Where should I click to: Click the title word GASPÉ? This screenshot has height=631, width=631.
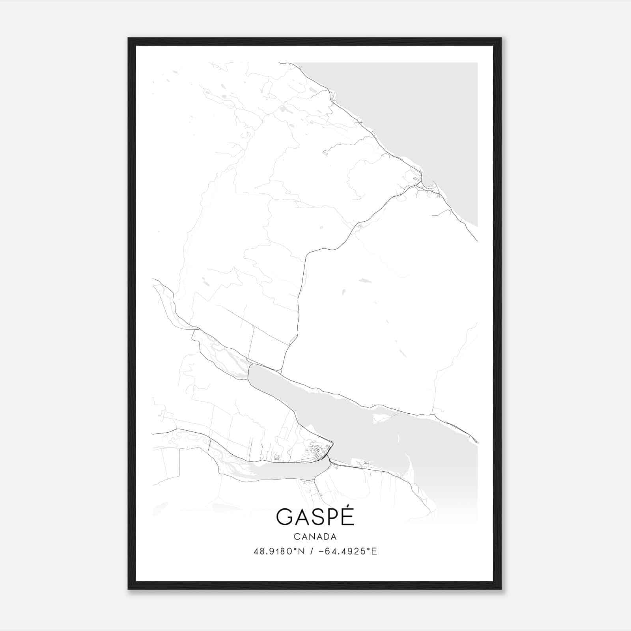tap(315, 517)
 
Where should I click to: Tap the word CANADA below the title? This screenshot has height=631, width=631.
tap(315, 537)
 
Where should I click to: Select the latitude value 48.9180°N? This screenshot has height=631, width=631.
tap(279, 551)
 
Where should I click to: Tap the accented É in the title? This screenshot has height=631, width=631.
tap(347, 516)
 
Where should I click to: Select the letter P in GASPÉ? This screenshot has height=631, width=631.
tap(332, 517)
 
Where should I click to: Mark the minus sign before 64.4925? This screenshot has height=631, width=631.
tap(321, 551)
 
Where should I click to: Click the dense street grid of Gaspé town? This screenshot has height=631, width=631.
tap(317, 454)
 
